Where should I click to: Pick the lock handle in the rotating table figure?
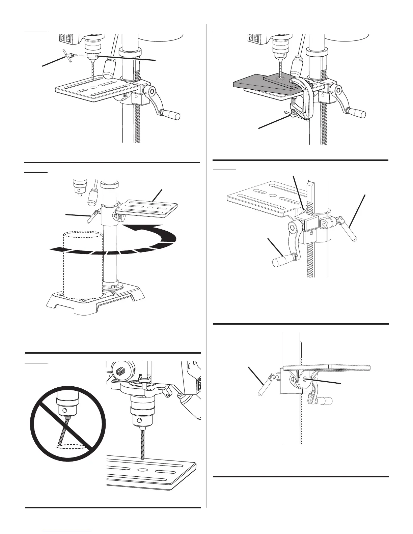pos(90,217)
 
